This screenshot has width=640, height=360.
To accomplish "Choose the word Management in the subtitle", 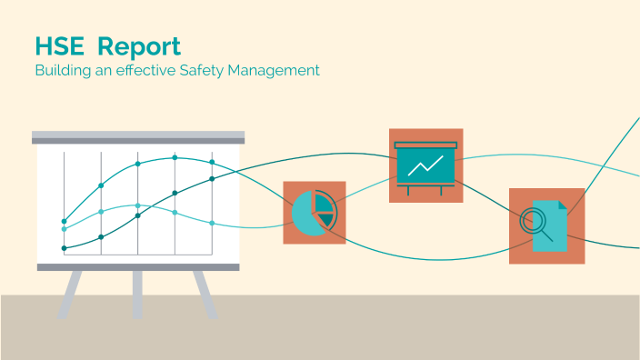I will point(281,70).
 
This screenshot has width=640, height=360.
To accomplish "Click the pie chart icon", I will point(315,212).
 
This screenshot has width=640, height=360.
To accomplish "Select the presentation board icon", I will point(425,165).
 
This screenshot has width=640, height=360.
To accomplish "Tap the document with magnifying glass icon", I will point(546,225).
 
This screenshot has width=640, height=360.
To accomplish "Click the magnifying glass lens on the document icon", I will point(532,220).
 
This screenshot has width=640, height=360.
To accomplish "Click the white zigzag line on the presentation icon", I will point(425,165).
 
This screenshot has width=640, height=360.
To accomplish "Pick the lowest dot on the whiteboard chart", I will point(64,248).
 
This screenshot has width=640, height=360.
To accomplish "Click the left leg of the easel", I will point(70,294).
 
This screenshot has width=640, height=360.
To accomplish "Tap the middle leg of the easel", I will point(137,294).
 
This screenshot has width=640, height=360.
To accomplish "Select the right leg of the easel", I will point(205,294).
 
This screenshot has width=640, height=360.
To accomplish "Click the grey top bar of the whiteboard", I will point(138,137).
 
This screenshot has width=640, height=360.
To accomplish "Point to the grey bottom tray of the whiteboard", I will point(138,266).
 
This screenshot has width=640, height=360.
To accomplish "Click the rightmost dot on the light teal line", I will point(212,223).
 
